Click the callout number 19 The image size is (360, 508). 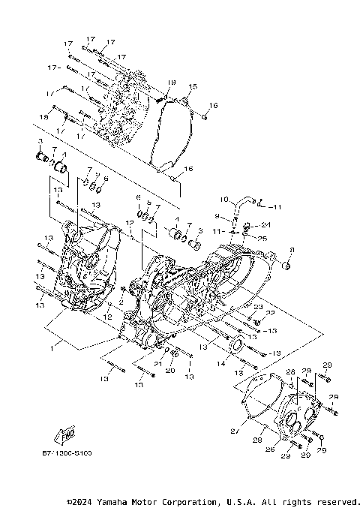tap(171, 82)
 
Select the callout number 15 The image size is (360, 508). tap(192, 88)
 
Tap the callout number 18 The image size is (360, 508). tap(45, 117)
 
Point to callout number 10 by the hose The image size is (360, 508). tap(223, 199)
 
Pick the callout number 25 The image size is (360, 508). tap(263, 238)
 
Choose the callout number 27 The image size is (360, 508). tap(234, 430)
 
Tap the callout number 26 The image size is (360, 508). tap(270, 449)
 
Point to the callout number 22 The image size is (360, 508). tap(271, 313)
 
